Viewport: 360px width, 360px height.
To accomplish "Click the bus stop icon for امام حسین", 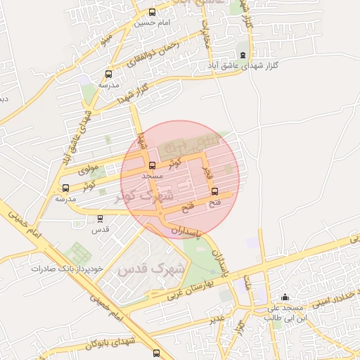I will point(153,12).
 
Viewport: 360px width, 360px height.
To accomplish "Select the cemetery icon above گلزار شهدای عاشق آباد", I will point(243,55).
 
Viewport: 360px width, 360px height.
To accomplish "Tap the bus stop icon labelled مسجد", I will point(153,166).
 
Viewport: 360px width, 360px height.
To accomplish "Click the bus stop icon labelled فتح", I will point(214,191).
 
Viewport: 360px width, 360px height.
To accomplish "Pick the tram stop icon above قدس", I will point(100,219).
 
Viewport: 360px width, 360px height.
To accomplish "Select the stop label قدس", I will point(101,229).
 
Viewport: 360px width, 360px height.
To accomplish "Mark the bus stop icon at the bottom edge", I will point(155,353).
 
